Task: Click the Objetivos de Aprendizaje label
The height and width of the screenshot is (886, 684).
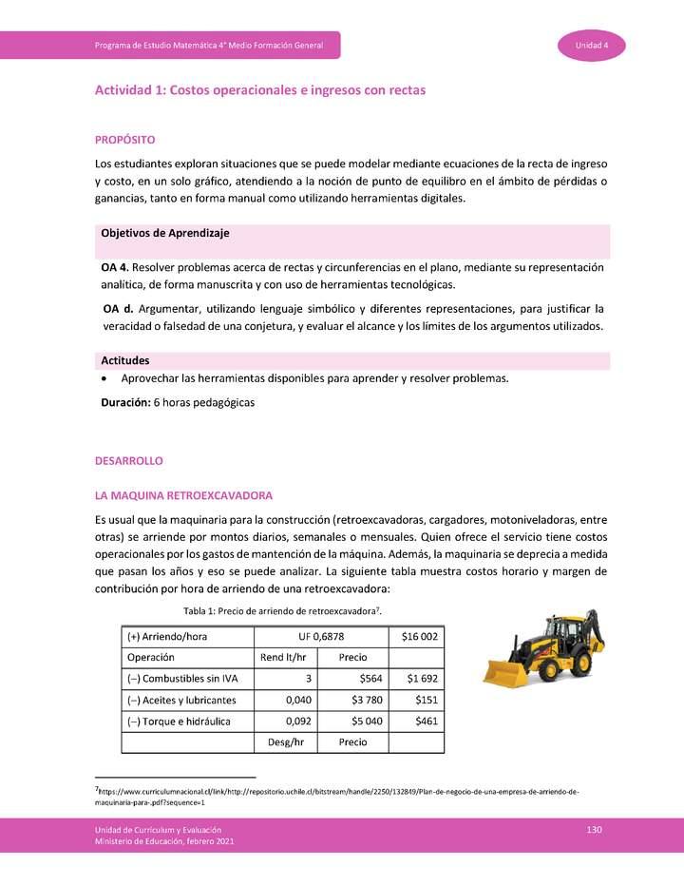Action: click(164, 233)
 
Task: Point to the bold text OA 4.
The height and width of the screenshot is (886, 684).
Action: click(115, 268)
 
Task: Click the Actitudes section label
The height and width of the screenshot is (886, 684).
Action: click(124, 361)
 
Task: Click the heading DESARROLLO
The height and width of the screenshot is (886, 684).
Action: click(129, 460)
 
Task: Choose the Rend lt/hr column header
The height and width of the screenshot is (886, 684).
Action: click(282, 658)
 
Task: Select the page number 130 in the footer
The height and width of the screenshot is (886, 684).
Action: click(595, 831)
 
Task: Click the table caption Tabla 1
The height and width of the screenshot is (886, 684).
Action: click(282, 609)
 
